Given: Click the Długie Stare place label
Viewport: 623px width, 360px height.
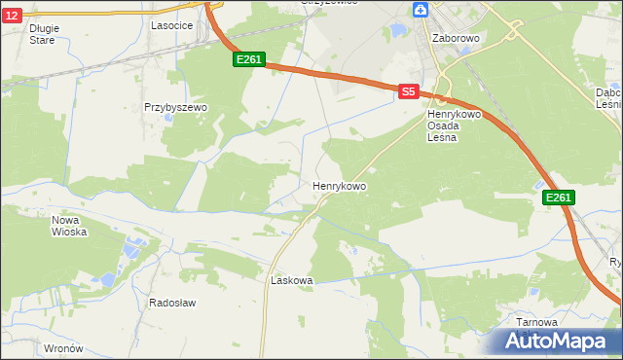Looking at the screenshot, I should pyautogui.click(x=44, y=34).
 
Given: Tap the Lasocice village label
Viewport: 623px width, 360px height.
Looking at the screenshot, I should pyautogui.click(x=170, y=26).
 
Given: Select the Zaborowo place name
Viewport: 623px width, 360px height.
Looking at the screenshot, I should pyautogui.click(x=455, y=38).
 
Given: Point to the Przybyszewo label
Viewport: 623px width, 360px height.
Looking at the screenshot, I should pyautogui.click(x=176, y=107).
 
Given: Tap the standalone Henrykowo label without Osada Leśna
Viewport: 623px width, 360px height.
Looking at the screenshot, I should pyautogui.click(x=339, y=185).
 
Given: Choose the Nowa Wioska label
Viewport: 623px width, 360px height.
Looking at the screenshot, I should pyautogui.click(x=69, y=226).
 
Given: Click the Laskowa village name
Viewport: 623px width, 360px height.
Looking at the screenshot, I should pyautogui.click(x=291, y=280).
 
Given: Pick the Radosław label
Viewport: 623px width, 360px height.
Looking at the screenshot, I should pyautogui.click(x=172, y=303).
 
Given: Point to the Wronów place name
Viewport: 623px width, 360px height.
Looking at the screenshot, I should pyautogui.click(x=63, y=347).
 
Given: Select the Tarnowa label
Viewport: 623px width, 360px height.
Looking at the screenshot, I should pyautogui.click(x=537, y=322).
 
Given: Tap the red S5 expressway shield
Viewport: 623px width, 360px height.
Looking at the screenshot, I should pyautogui.click(x=408, y=91).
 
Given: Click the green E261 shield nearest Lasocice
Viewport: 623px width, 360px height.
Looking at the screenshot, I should pyautogui.click(x=249, y=60).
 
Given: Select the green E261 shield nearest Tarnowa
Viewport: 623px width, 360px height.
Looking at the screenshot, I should pyautogui.click(x=558, y=198).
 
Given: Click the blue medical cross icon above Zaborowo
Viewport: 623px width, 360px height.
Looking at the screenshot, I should pyautogui.click(x=420, y=10).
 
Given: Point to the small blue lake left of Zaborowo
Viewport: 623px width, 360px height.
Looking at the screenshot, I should pyautogui.click(x=398, y=31).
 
